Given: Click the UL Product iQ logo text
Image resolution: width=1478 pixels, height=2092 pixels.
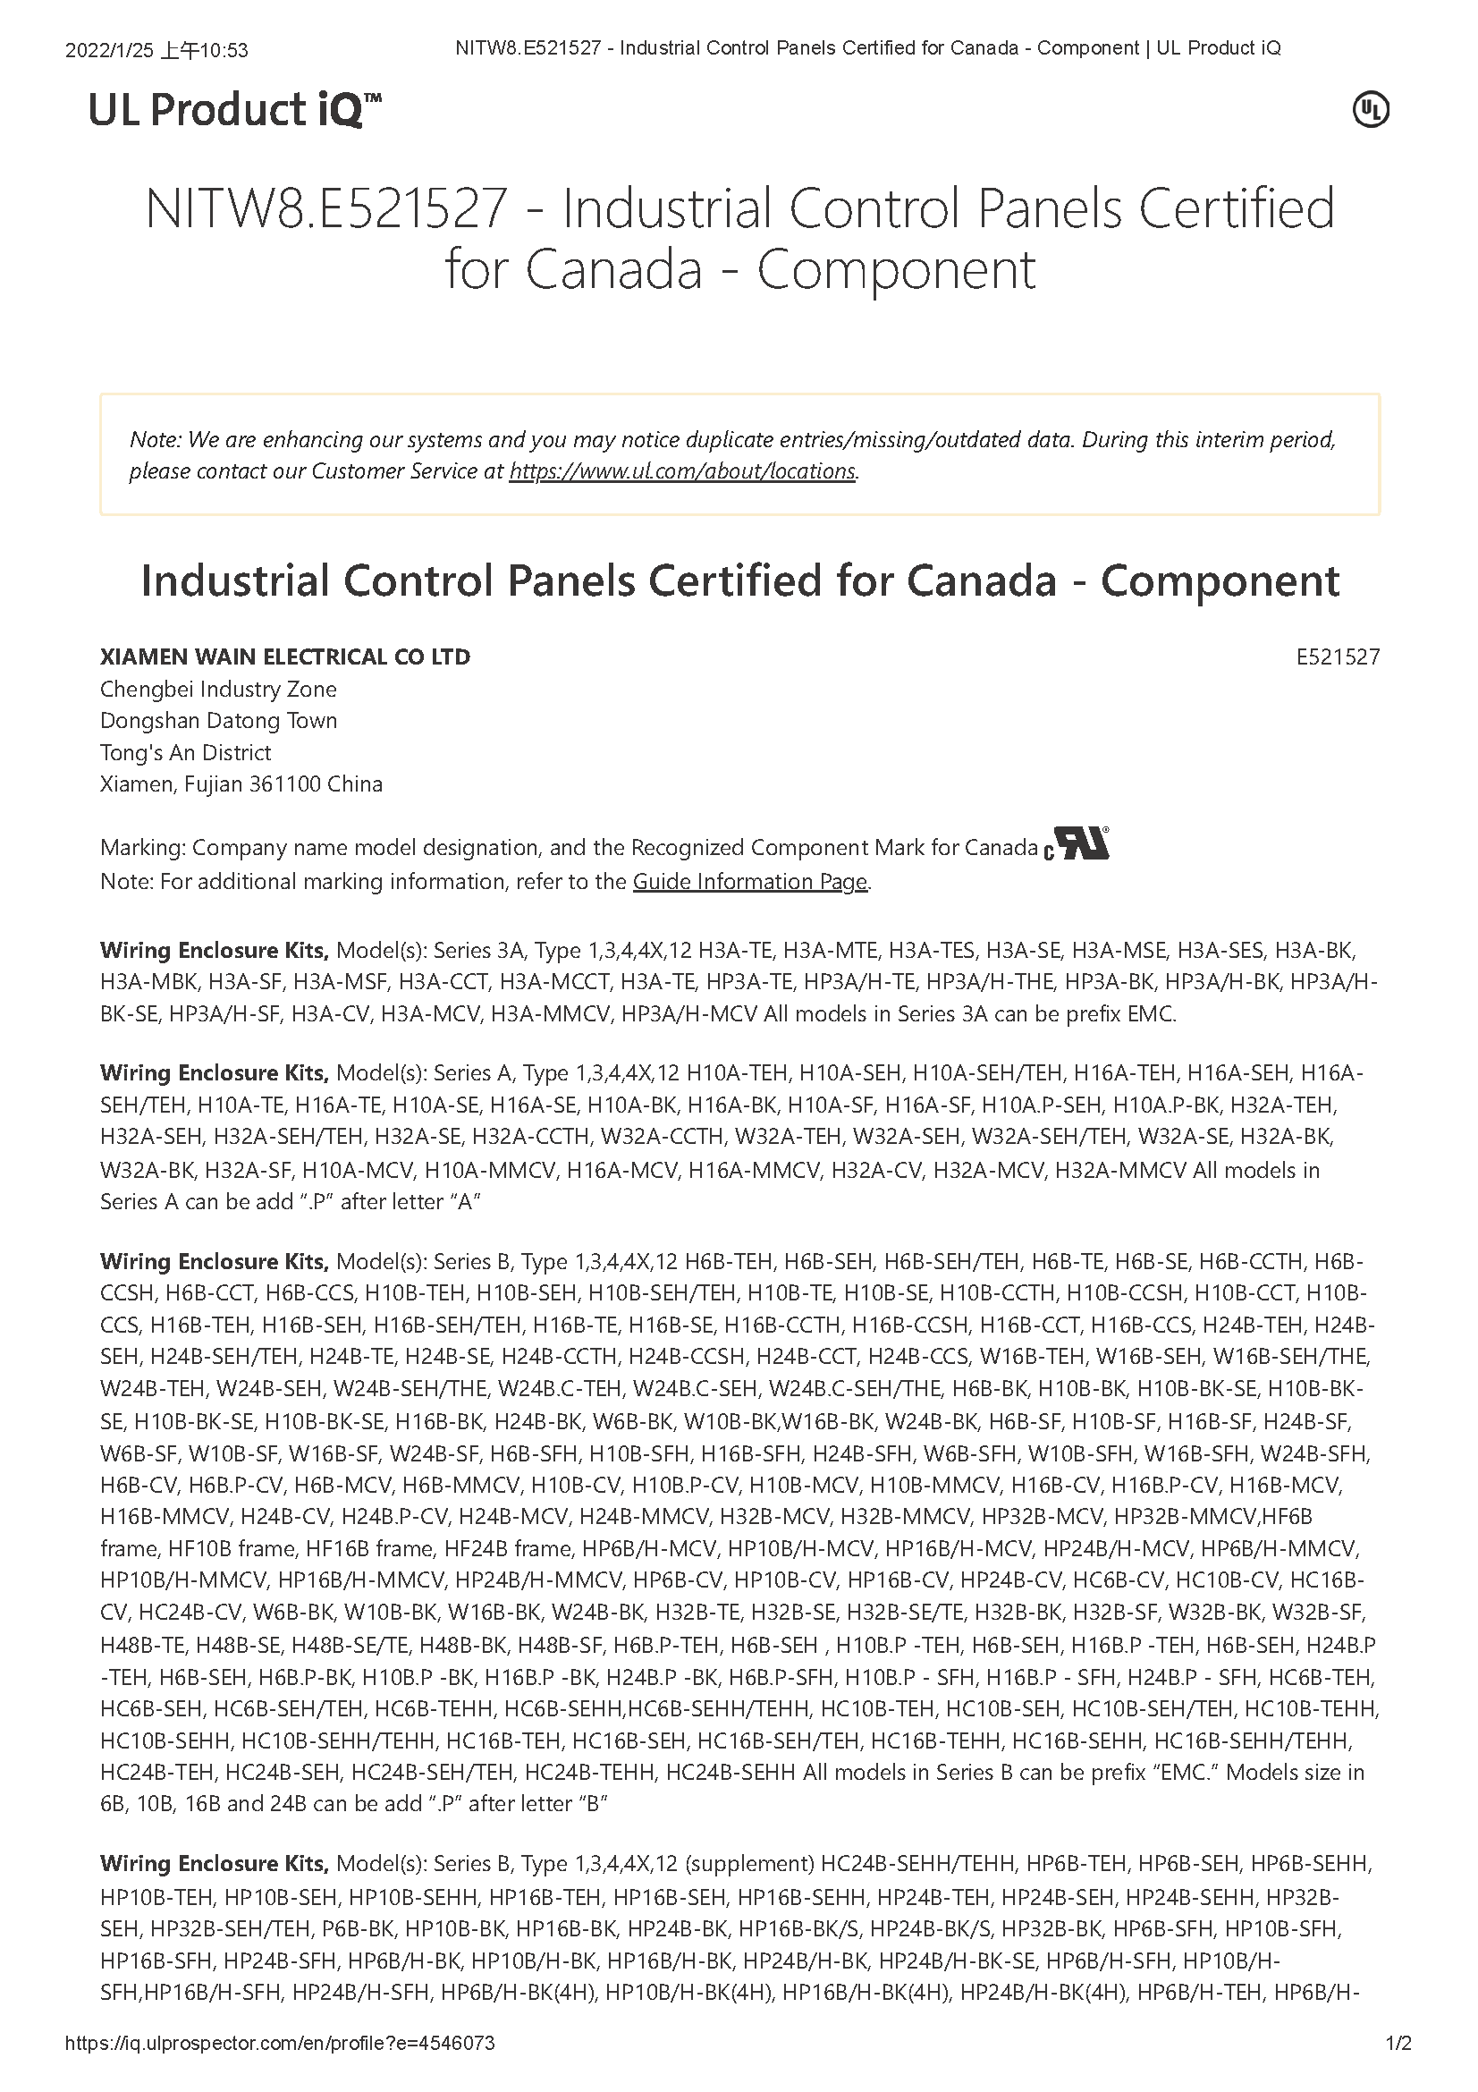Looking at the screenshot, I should click(234, 111).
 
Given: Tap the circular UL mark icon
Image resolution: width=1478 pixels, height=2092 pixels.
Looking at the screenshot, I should click(1371, 111).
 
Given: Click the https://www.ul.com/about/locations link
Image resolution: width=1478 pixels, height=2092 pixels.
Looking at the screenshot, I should click(682, 471).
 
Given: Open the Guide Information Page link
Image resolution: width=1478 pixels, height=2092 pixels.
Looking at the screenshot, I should click(750, 882).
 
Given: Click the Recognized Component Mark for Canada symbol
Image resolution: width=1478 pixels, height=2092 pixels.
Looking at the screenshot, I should click(1077, 844).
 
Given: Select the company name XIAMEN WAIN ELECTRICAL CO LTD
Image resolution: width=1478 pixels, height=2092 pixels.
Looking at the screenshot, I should click(285, 657).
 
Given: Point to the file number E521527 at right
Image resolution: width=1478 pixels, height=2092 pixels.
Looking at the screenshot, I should click(1338, 657).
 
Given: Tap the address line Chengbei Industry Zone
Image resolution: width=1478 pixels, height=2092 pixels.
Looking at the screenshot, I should click(218, 689).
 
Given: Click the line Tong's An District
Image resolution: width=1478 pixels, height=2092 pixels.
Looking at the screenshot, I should click(186, 752).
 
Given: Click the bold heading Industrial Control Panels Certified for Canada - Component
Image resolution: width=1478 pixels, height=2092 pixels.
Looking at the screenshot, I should click(739, 581).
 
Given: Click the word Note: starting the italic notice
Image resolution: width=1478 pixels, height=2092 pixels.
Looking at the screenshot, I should click(156, 440).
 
